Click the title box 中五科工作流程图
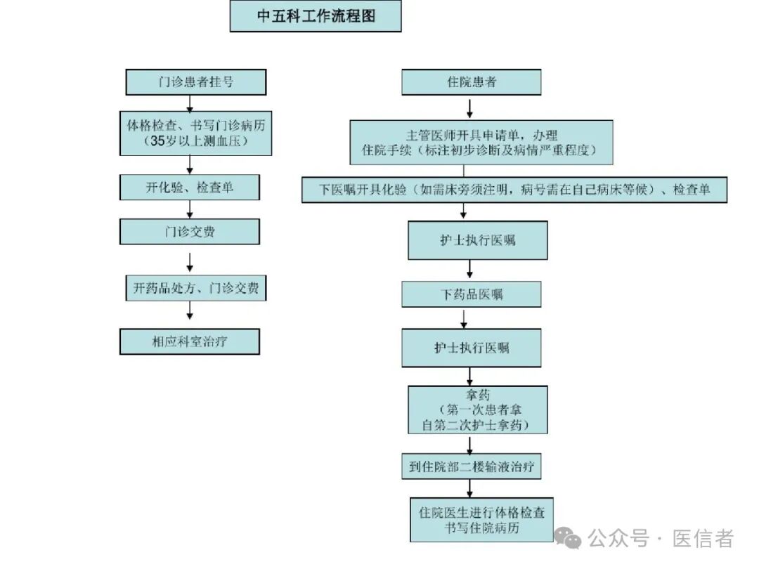pyautogui.click(x=316, y=16)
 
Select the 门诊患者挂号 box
pyautogui.click(x=196, y=82)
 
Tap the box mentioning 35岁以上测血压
pyautogui.click(x=196, y=133)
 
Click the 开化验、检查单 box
pyautogui.click(x=190, y=188)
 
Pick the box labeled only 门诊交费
pyautogui.click(x=190, y=232)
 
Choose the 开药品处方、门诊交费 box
pyautogui.click(x=196, y=288)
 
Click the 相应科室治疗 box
pyautogui.click(x=190, y=342)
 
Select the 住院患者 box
pyautogui.click(x=472, y=82)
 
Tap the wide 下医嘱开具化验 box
pyautogui.click(x=514, y=190)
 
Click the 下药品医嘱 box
pyautogui.click(x=472, y=294)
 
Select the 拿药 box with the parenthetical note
pyautogui.click(x=478, y=409)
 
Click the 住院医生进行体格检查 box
pyautogui.click(x=482, y=520)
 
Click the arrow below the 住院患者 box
pyautogui.click(x=470, y=107)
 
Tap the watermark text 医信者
pyautogui.click(x=703, y=539)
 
